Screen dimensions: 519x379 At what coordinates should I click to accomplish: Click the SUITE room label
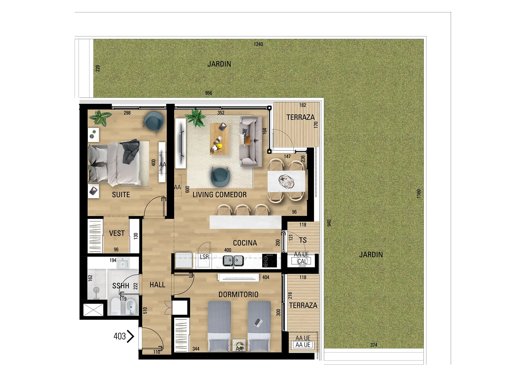click(x=121, y=195)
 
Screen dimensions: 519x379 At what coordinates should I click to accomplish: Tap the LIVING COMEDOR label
click(x=219, y=195)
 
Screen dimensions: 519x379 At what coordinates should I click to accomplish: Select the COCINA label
click(x=245, y=243)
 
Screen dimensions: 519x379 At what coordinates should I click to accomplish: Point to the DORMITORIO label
click(x=238, y=295)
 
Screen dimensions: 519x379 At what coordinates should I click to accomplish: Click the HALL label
click(x=157, y=285)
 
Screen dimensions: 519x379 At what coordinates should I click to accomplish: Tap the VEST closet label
click(x=117, y=233)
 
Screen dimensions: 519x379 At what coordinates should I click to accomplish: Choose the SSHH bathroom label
click(x=121, y=286)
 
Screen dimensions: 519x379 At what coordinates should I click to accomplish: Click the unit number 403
click(x=120, y=336)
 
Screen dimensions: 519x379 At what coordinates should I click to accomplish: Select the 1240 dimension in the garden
click(x=258, y=44)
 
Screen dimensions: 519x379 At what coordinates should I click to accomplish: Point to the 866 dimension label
click(x=209, y=93)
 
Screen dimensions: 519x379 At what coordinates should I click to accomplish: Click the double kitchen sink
click(x=233, y=261)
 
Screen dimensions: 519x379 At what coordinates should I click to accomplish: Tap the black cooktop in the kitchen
click(x=270, y=260)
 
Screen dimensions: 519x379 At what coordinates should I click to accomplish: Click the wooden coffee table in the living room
click(x=219, y=139)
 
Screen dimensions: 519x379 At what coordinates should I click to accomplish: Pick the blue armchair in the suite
click(x=153, y=122)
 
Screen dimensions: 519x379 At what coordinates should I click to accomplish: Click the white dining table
click(x=286, y=181)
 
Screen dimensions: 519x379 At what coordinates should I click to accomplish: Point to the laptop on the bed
click(x=258, y=322)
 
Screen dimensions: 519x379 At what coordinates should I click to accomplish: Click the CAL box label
click(x=302, y=262)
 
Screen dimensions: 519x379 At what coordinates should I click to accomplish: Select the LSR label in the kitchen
click(x=204, y=257)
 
